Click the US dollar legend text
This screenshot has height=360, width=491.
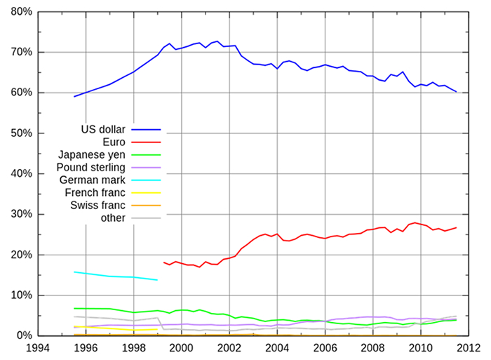coord(102,130)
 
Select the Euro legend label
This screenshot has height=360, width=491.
coord(114,142)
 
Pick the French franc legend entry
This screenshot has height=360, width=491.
coord(95,192)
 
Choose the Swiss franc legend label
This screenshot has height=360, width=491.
coord(97,205)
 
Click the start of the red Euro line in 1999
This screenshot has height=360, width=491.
coord(163,262)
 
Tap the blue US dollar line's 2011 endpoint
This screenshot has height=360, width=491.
coord(457,91)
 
